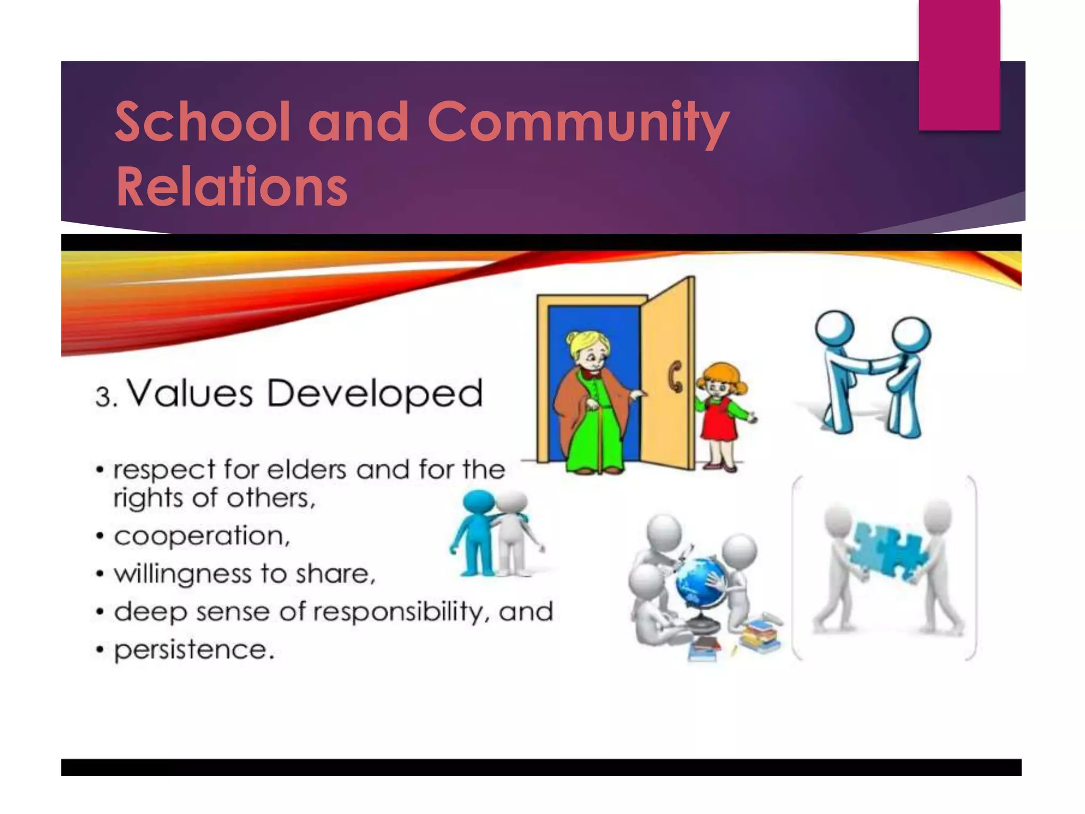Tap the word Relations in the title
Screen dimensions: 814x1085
(x=232, y=187)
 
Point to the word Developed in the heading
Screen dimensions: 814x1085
(x=375, y=394)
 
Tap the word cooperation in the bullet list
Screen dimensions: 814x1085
(x=201, y=536)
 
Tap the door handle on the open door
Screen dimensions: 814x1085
(x=675, y=376)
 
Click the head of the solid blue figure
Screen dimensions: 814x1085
(x=478, y=502)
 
